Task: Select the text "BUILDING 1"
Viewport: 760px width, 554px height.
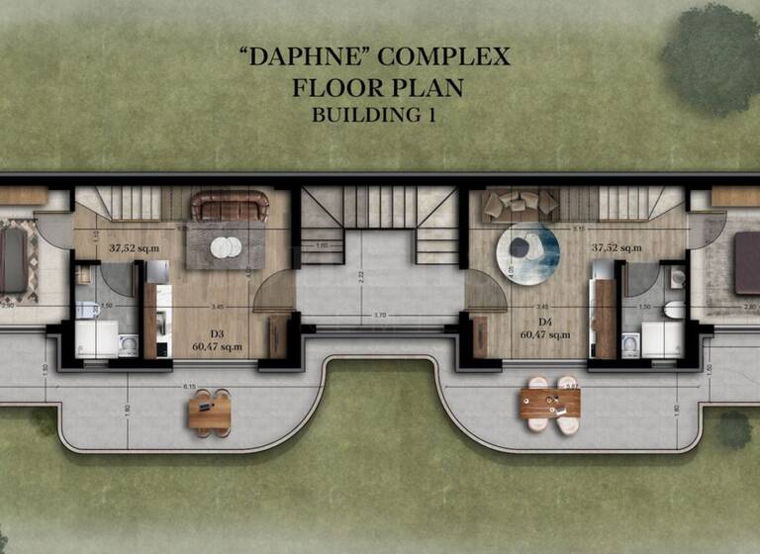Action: [x=374, y=114]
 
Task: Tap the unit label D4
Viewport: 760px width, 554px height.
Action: [x=544, y=322]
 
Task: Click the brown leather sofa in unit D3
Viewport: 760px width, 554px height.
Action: [x=230, y=206]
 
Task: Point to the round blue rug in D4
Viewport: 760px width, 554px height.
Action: [x=527, y=253]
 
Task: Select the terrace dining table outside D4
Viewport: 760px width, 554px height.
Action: [x=550, y=403]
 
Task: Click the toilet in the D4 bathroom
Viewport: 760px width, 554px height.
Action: [x=674, y=310]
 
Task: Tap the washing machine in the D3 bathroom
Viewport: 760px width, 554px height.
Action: [x=127, y=344]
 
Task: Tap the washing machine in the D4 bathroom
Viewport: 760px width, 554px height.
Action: [x=630, y=344]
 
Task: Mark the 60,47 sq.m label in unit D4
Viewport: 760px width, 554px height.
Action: [x=544, y=335]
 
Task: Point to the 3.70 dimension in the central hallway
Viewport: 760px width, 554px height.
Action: [x=379, y=316]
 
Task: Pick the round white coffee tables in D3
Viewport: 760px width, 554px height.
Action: [x=223, y=246]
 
